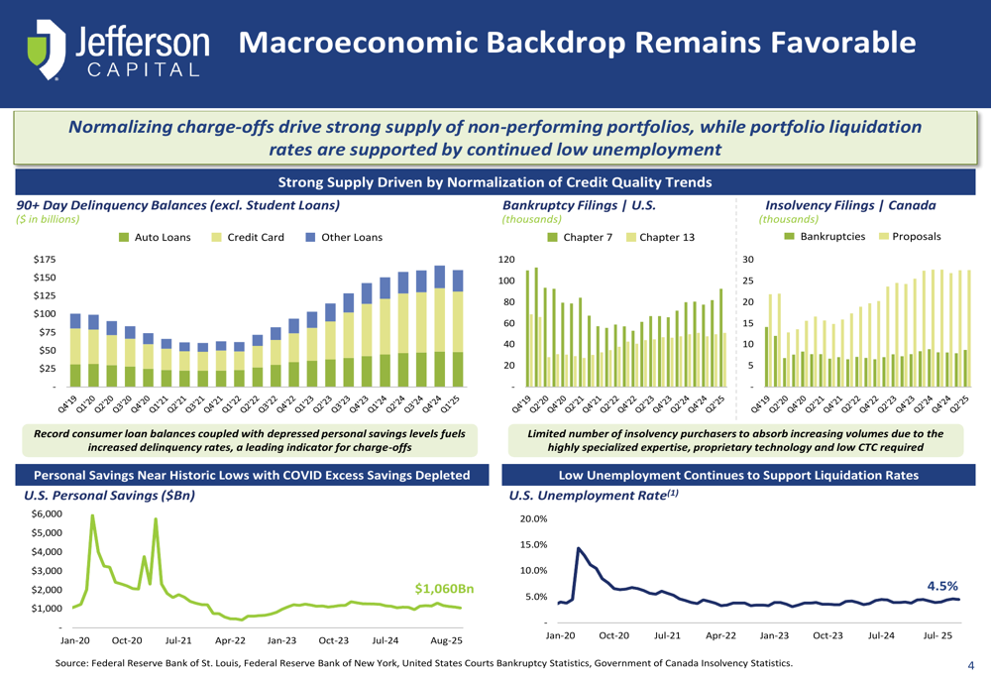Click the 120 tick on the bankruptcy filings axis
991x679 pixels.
pyautogui.click(x=506, y=260)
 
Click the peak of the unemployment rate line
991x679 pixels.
pyautogui.click(x=579, y=548)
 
